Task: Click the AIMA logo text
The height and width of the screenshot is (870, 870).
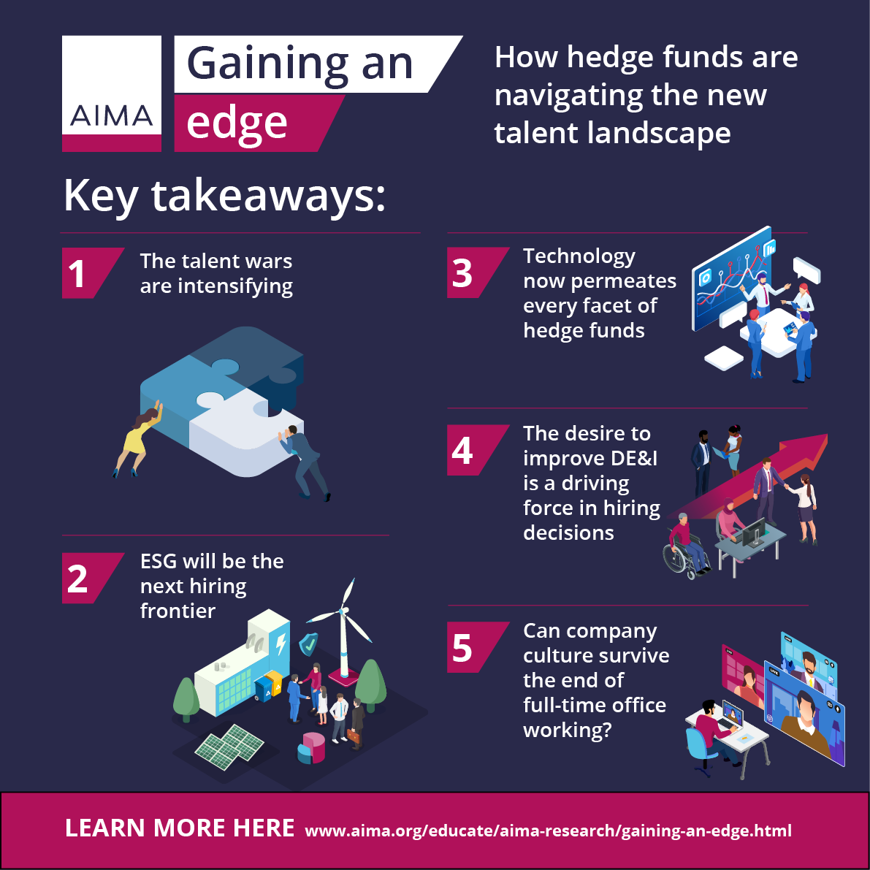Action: pos(111,115)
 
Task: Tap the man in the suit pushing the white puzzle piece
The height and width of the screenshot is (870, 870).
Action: pos(305,462)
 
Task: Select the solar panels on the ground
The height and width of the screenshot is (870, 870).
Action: pos(229,747)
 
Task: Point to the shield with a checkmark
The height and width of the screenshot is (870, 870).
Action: pos(308,644)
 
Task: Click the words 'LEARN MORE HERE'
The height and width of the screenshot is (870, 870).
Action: pos(180,828)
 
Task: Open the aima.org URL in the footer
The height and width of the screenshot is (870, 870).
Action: pos(548,831)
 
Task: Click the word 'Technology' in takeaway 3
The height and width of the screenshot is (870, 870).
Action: pos(579,256)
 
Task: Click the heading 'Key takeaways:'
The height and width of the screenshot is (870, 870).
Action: pos(225,196)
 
